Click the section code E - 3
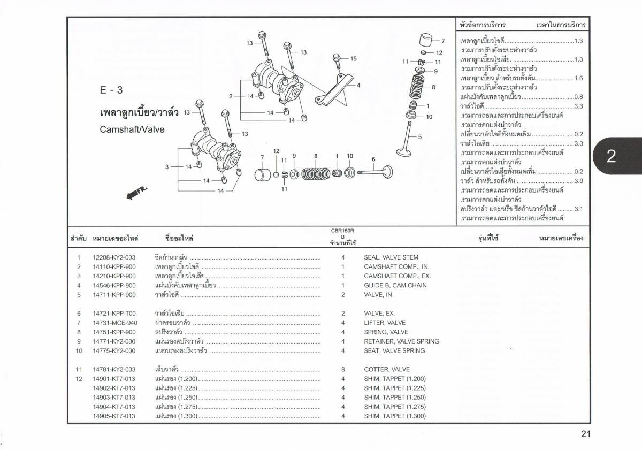click(111, 90)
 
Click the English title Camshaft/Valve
click(132, 129)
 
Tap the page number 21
click(585, 434)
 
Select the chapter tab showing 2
click(612, 156)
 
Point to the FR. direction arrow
click(136, 193)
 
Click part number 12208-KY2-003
click(114, 257)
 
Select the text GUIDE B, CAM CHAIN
click(395, 285)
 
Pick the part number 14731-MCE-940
click(114, 323)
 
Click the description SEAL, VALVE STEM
click(391, 257)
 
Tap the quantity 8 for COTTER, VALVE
click(343, 369)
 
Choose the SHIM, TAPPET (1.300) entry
click(395, 416)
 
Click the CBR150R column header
click(343, 231)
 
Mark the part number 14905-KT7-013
click(114, 416)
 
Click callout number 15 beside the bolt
click(353, 59)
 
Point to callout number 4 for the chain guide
click(358, 85)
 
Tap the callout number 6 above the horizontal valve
click(373, 159)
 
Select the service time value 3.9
click(578, 181)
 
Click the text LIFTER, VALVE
click(385, 323)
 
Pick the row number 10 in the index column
click(79, 350)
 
